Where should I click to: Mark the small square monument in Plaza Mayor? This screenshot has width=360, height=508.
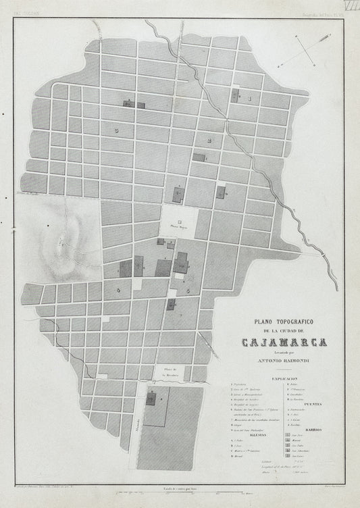point(179,221)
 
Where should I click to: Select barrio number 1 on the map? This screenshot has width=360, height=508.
point(249,99)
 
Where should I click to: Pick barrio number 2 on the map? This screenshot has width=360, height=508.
point(209,141)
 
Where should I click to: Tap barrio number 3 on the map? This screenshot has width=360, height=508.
point(116,129)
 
